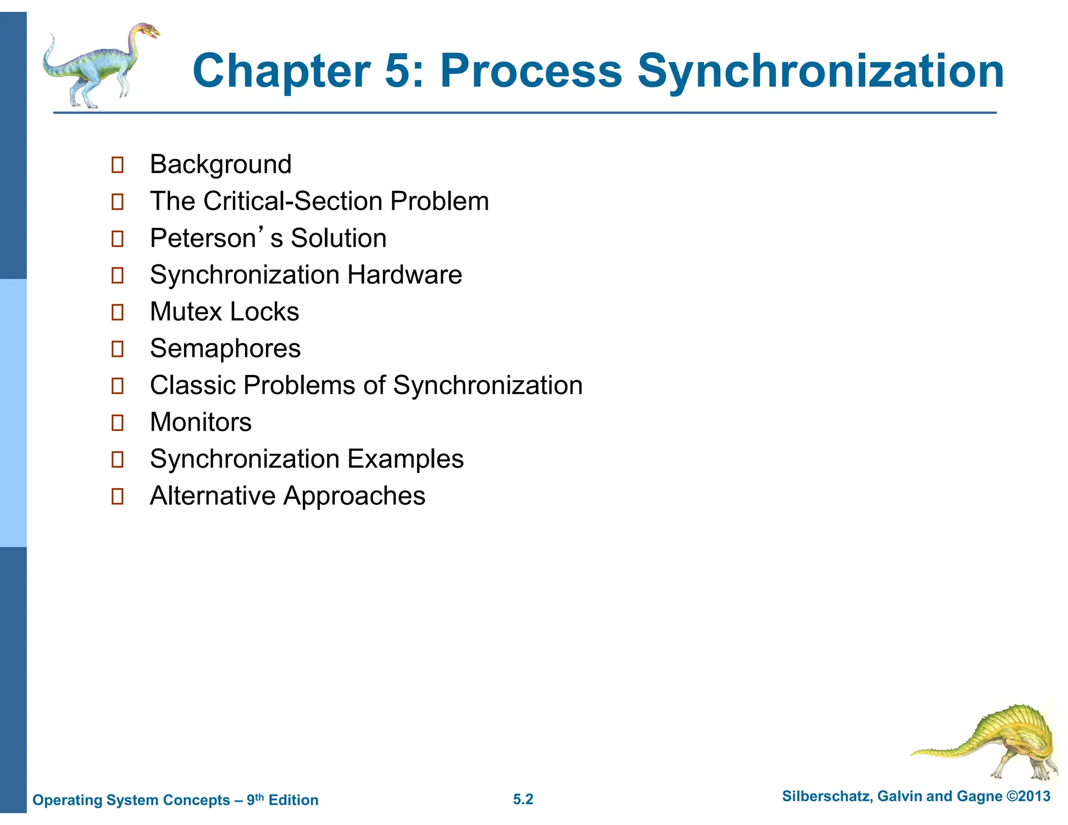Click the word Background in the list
coord(221,165)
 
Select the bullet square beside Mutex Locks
coord(118,312)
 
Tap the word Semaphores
coord(225,348)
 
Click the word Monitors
coord(201,422)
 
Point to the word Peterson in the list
coord(203,238)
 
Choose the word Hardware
coord(405,275)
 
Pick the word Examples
coord(405,459)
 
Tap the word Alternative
coord(212,495)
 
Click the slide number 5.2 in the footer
coord(523,799)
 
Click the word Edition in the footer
coord(293,800)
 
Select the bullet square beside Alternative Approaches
coord(118,496)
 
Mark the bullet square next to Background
coord(118,165)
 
